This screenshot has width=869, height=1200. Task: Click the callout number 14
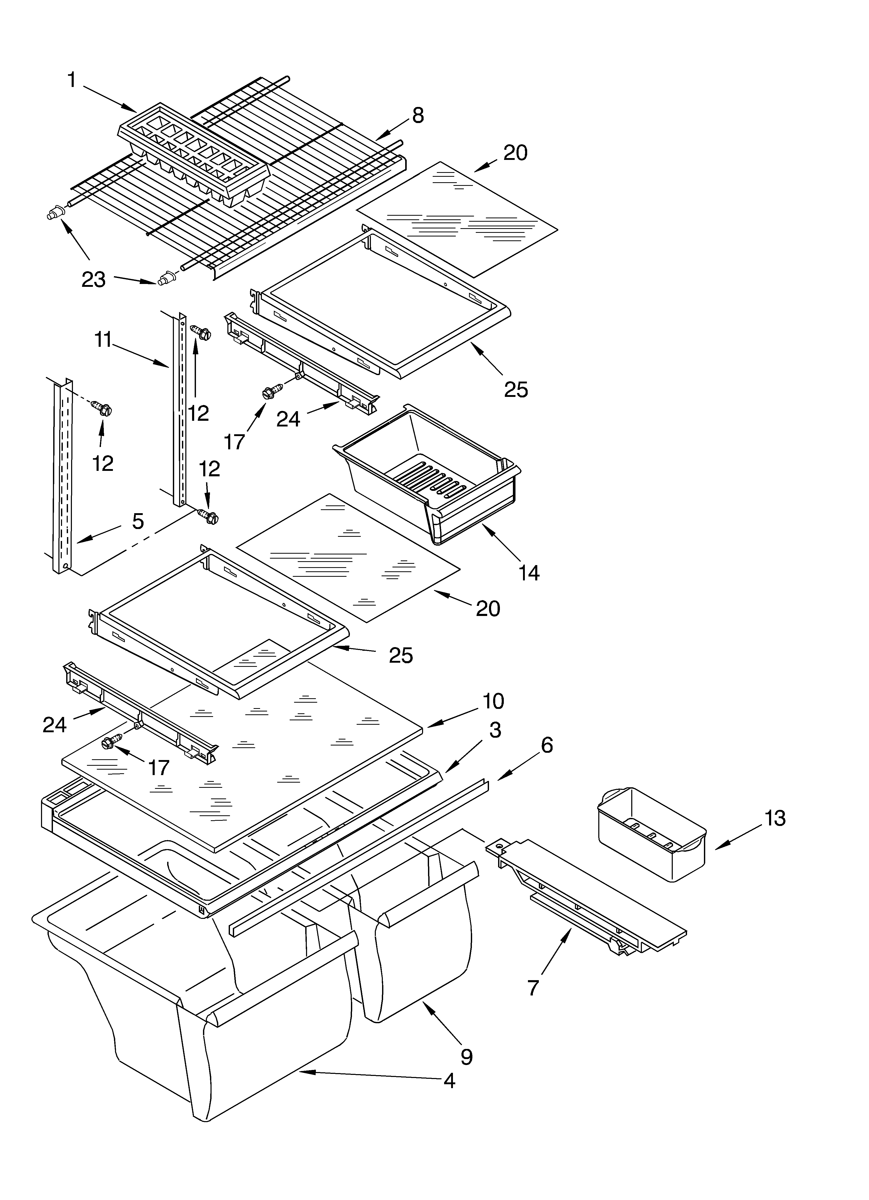[529, 573]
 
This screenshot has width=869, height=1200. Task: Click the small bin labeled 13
[651, 835]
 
